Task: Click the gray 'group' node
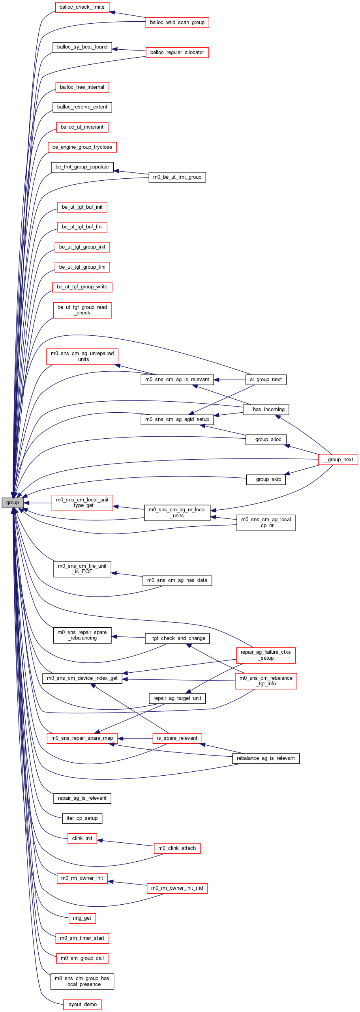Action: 13,503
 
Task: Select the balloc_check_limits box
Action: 82,7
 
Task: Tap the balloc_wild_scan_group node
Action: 177,22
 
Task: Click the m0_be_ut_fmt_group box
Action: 177,177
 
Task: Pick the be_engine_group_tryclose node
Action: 82,147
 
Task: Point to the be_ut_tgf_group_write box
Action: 82,287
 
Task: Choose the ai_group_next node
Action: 266,380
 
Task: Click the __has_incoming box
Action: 266,410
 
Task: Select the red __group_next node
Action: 338,460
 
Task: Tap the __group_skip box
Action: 266,479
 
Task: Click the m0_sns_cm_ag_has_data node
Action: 177,580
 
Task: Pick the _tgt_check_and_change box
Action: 177,638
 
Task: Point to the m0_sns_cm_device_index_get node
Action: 82,678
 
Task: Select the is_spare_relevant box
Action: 177,738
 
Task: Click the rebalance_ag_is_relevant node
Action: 266,758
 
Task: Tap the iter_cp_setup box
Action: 82,818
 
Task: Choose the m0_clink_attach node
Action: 177,848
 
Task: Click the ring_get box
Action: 82,918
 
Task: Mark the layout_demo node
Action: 82,1005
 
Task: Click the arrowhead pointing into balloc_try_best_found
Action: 115,49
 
